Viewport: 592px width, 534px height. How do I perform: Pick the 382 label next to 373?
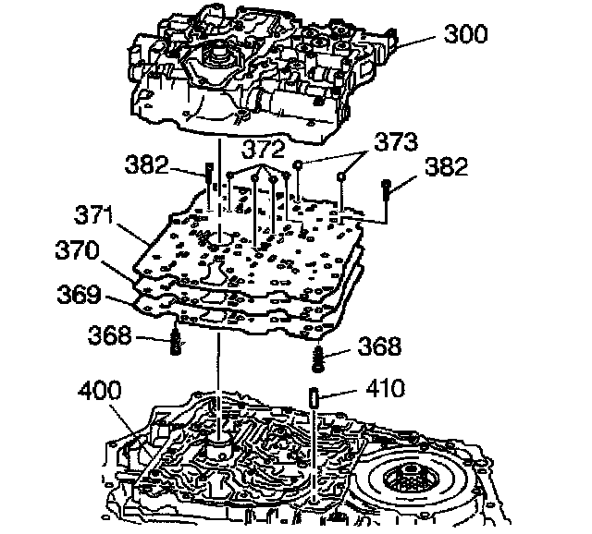tap(447, 167)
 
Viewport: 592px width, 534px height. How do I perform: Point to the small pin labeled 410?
tap(314, 397)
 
